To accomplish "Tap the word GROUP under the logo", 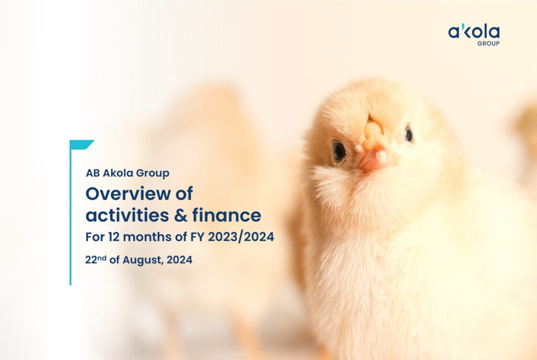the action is [x=488, y=43].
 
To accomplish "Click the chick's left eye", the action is [x=339, y=151].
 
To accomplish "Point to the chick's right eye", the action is [x=409, y=134].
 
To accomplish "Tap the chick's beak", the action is [x=376, y=147].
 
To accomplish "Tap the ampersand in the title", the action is [x=181, y=215].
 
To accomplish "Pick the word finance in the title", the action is [x=227, y=215].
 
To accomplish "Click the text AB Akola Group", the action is [x=127, y=173].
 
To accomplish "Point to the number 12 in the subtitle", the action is [x=114, y=237].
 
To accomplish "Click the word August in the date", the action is [x=142, y=260].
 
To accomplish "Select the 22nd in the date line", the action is [x=95, y=260].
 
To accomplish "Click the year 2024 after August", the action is [x=179, y=260].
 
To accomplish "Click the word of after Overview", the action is [x=184, y=194].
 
